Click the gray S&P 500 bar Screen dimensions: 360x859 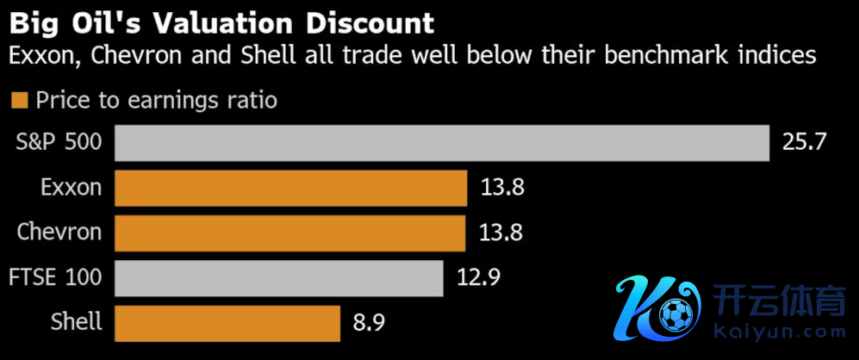pos(441,143)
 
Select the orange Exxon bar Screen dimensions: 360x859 pos(290,188)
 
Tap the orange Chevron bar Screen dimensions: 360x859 pos(290,233)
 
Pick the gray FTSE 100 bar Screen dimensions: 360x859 pos(278,277)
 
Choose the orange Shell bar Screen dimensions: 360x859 pos(227,322)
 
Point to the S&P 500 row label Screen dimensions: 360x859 pos(59,143)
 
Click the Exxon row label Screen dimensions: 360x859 pos(71,188)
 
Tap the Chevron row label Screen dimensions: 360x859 pos(59,233)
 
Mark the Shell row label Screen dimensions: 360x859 pos(77,322)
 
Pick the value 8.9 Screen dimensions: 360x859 pos(368,323)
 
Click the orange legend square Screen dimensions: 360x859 pos(19,101)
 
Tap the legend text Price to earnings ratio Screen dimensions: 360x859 pos(156,101)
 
